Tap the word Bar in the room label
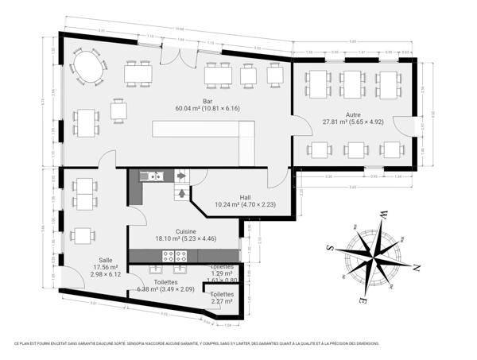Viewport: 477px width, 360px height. [x=207, y=101]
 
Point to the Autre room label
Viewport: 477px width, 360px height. [x=353, y=114]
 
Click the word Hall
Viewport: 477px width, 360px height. [x=246, y=196]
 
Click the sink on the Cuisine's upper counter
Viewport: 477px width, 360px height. [x=152, y=176]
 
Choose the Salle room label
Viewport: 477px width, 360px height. [x=105, y=260]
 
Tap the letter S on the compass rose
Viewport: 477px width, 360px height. [x=330, y=248]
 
